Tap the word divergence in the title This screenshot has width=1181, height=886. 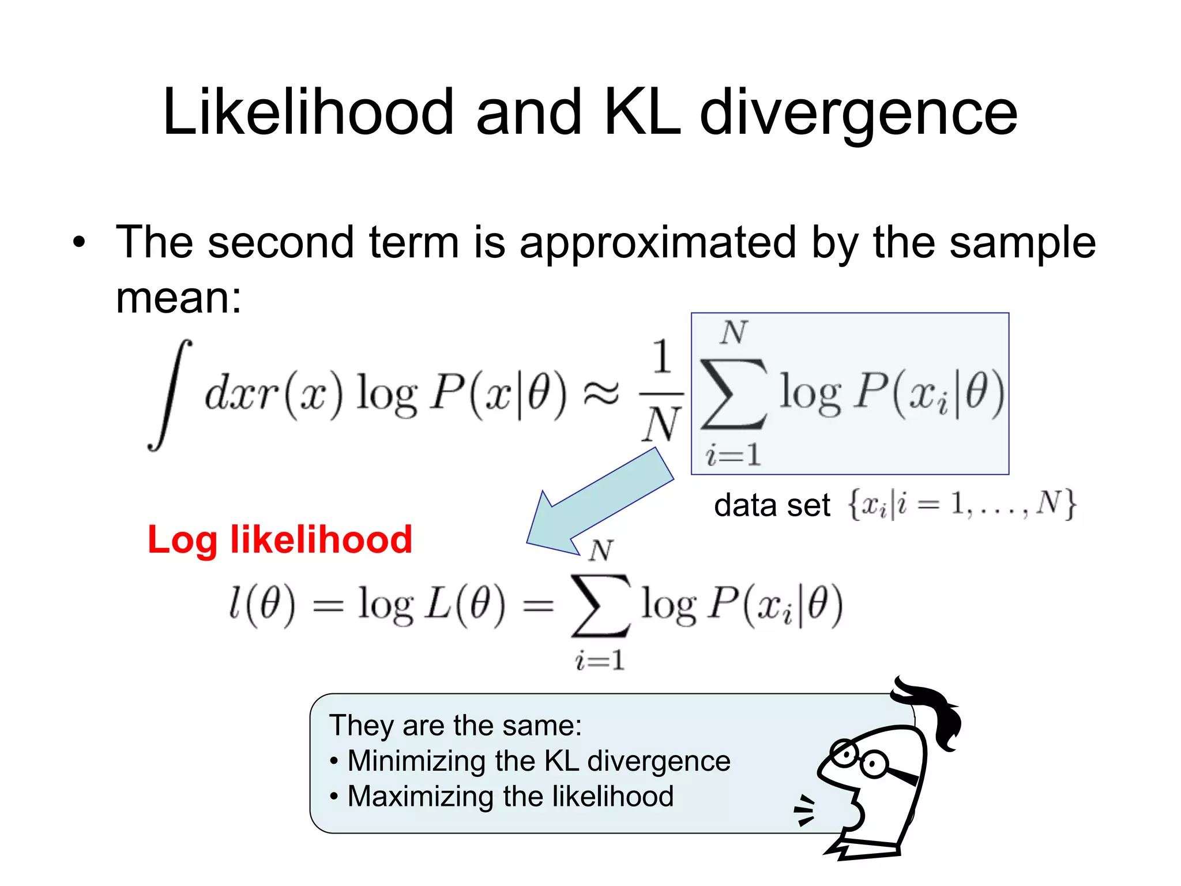pyautogui.click(x=859, y=114)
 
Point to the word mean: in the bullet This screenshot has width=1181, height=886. pyautogui.click(x=179, y=298)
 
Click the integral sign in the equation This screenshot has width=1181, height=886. pyautogui.click(x=170, y=395)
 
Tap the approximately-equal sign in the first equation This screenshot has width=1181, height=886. pyautogui.click(x=601, y=393)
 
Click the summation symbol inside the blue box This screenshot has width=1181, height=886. pyautogui.click(x=733, y=393)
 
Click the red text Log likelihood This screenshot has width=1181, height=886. pyautogui.click(x=280, y=540)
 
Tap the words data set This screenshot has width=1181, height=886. pyautogui.click(x=772, y=505)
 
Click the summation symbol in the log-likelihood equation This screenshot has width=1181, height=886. pyautogui.click(x=600, y=606)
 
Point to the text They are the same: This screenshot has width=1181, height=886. pyautogui.click(x=455, y=726)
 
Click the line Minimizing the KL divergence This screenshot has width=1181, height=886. pyautogui.click(x=539, y=761)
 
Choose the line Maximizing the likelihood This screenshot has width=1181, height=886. pyautogui.click(x=510, y=797)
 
